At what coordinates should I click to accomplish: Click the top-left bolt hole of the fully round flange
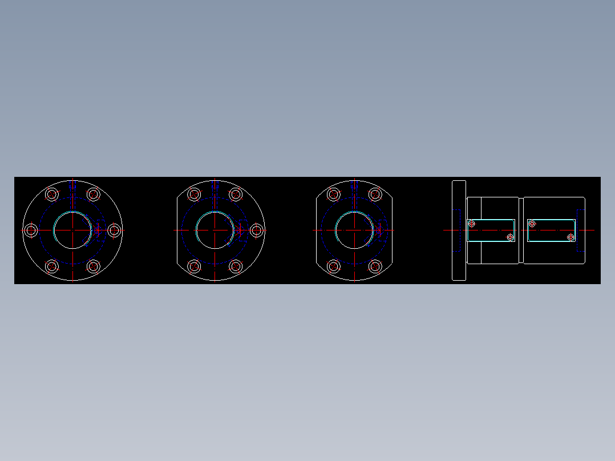[x=52, y=195]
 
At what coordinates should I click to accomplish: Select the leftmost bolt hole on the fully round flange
[x=31, y=230]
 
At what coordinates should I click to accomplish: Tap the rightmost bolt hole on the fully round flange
[x=114, y=230]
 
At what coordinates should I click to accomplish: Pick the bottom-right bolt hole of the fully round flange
[x=94, y=266]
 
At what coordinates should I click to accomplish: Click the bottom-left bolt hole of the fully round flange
[x=52, y=266]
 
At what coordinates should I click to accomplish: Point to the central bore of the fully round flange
[x=72, y=230]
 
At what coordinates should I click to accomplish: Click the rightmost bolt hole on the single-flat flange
[x=257, y=230]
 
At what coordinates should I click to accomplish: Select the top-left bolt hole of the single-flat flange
[x=194, y=195]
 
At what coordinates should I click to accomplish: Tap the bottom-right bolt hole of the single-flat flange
[x=236, y=266]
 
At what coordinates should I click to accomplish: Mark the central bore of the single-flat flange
[x=215, y=230]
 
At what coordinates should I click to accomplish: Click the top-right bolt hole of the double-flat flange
[x=375, y=195]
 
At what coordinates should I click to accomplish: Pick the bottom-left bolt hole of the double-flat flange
[x=334, y=266]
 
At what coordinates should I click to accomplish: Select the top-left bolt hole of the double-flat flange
[x=334, y=195]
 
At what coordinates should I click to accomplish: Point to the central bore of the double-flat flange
[x=354, y=230]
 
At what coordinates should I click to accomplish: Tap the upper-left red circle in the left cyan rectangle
[x=472, y=224]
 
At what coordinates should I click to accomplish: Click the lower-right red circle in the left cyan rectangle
[x=510, y=237]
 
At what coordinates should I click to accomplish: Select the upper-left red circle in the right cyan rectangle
[x=532, y=224]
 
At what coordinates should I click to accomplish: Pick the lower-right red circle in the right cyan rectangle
[x=571, y=237]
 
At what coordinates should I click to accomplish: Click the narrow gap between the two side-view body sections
[x=521, y=230]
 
